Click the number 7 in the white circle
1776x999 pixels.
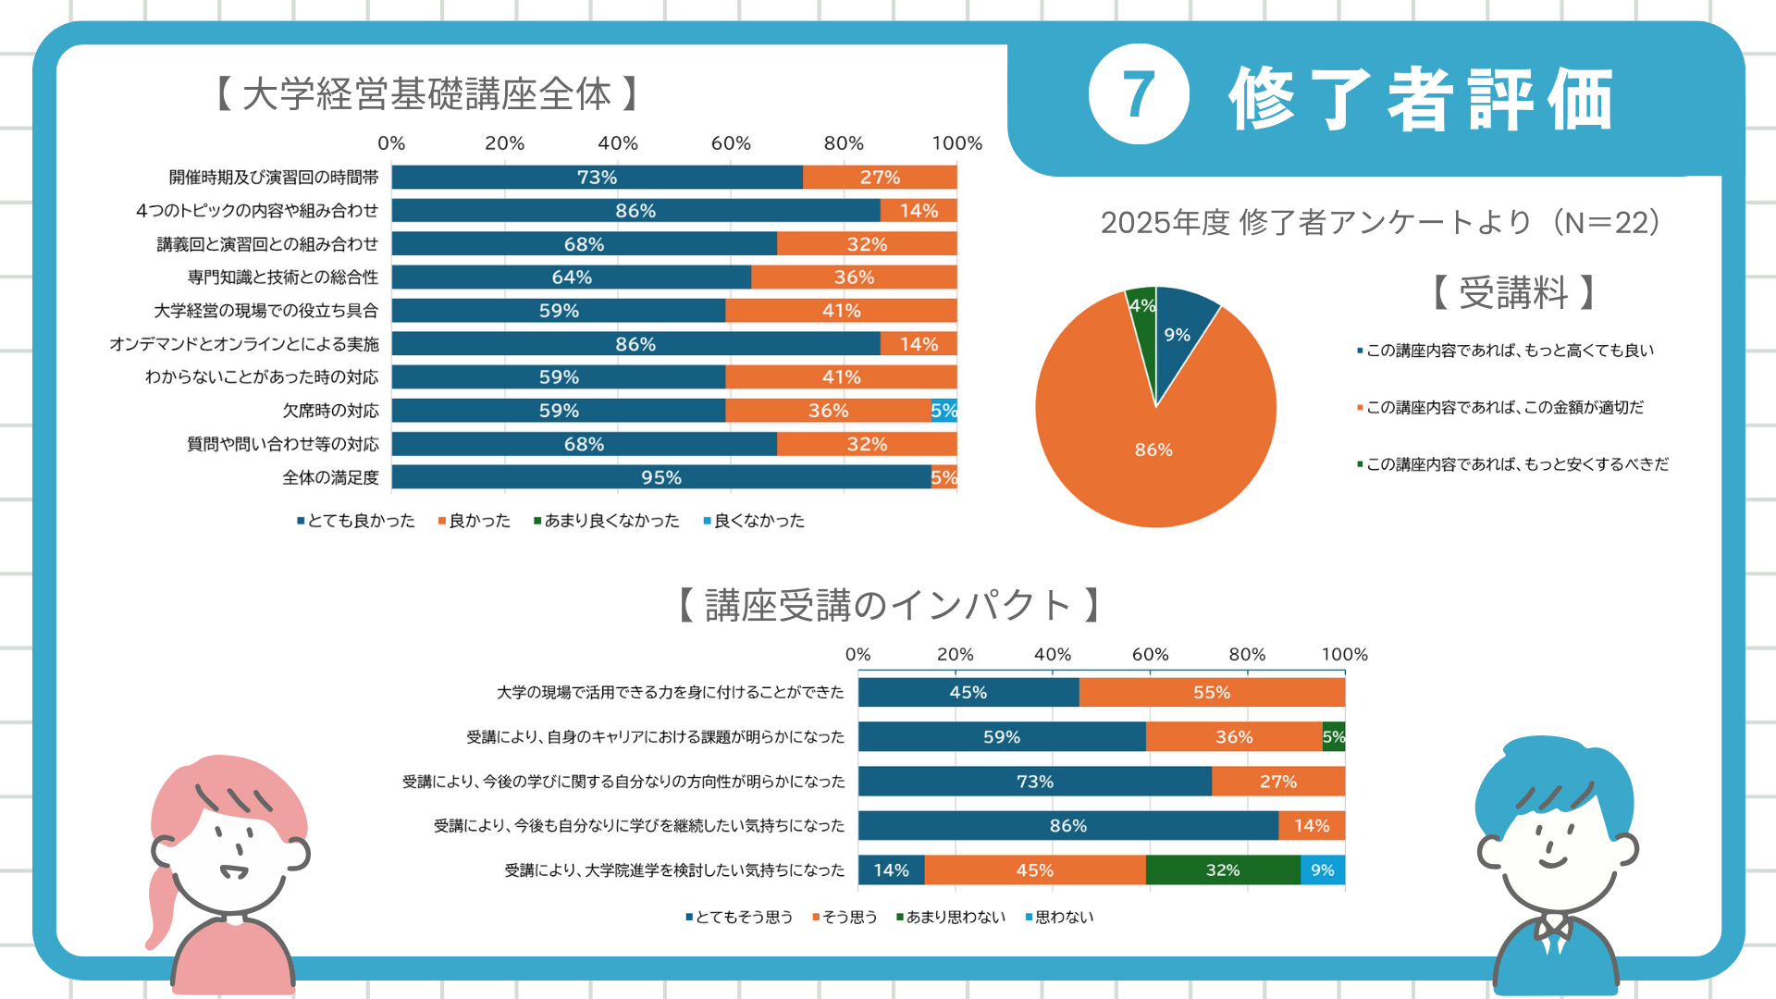point(1138,94)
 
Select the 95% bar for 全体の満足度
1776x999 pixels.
point(660,477)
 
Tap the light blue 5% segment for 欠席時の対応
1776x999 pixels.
point(943,411)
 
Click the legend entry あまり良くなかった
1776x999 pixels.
point(610,521)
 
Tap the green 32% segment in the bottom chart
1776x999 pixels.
point(1222,870)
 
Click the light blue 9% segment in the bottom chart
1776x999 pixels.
point(1323,870)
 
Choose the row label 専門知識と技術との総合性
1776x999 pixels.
point(282,277)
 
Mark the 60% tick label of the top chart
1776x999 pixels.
point(731,143)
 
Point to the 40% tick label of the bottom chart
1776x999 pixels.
point(1053,654)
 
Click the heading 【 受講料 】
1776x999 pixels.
point(1513,292)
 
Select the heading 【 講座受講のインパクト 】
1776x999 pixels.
point(888,605)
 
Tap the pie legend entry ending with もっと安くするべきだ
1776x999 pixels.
point(1517,464)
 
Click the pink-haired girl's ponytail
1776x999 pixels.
point(161,906)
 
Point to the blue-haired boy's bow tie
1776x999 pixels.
point(1553,927)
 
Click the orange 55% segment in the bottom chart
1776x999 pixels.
point(1211,693)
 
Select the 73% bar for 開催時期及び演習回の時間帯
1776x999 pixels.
point(597,178)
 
